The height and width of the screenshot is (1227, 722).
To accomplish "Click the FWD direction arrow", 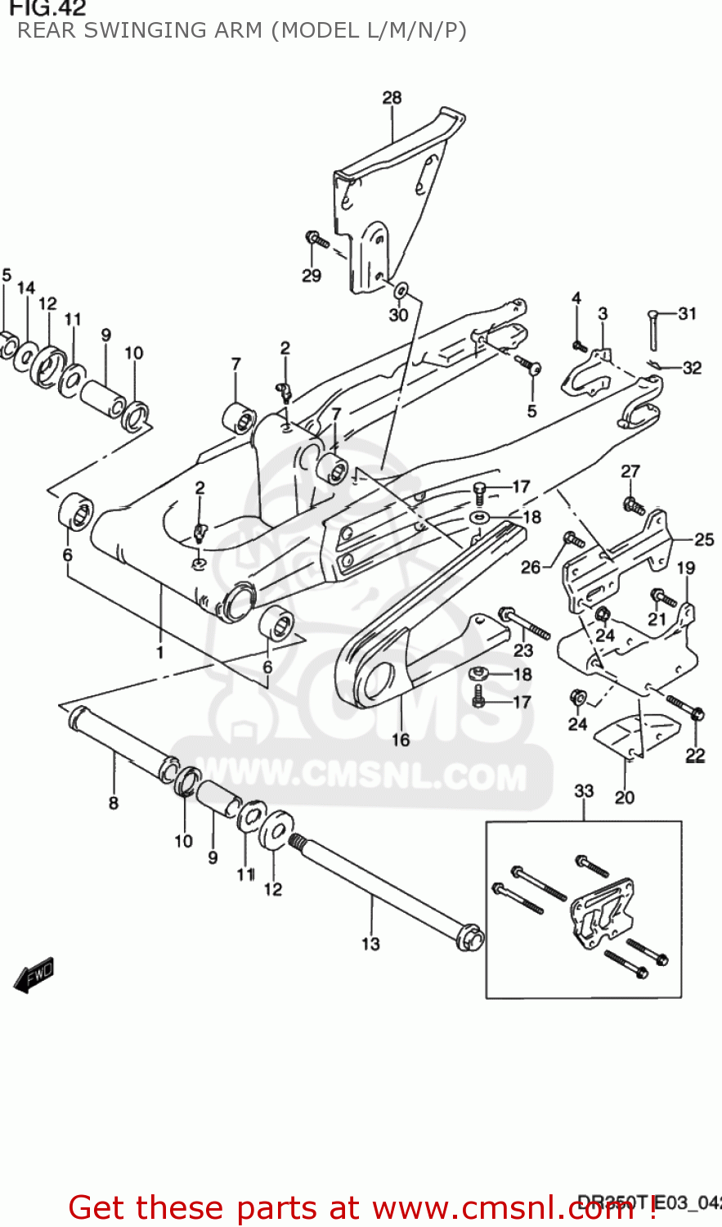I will [x=34, y=974].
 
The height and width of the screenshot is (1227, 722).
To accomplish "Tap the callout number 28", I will [x=392, y=97].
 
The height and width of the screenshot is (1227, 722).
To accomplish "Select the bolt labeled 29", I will [x=316, y=240].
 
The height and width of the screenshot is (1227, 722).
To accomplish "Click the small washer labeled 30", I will [x=401, y=292].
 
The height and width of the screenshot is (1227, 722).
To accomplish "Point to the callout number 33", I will [x=584, y=791].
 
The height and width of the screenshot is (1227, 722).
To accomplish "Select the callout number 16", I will [x=401, y=739].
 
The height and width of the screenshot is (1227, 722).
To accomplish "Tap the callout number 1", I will [x=160, y=652].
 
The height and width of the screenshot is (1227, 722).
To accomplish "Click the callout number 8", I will [x=114, y=803].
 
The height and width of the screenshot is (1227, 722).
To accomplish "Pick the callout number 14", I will [x=26, y=287].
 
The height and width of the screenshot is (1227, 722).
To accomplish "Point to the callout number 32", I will [x=692, y=367].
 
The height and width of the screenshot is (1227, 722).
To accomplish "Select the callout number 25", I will [x=704, y=539].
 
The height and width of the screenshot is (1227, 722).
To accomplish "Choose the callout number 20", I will [x=624, y=797].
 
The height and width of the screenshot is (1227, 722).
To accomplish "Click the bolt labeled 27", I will [x=632, y=506].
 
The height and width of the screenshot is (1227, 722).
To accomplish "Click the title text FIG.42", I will [x=47, y=8].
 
